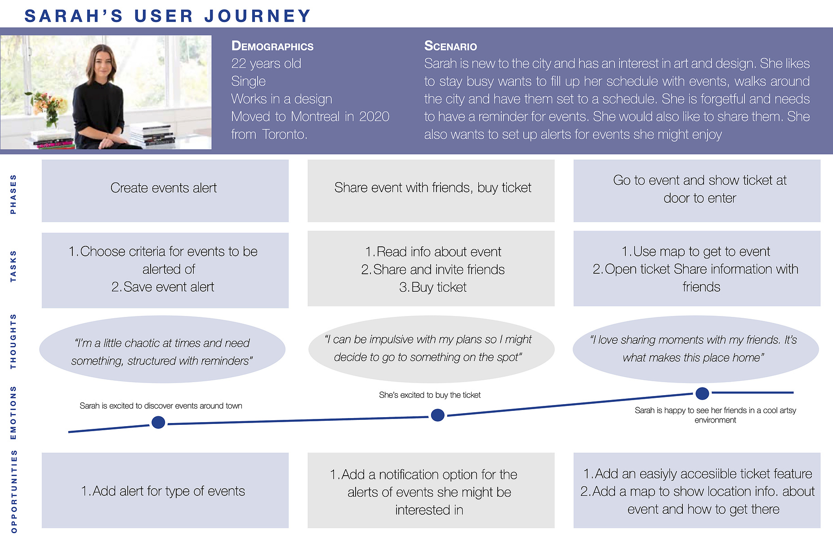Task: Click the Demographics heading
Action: (x=272, y=46)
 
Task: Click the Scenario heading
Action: (x=450, y=46)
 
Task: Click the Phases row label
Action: (x=13, y=194)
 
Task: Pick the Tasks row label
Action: (x=13, y=266)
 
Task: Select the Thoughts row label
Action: (x=13, y=341)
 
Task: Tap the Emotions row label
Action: (x=13, y=412)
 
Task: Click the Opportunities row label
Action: (x=13, y=491)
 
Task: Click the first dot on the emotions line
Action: (x=158, y=423)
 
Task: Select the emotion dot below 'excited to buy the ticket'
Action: (x=437, y=415)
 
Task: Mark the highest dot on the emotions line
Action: (x=702, y=393)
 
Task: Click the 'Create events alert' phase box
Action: (x=165, y=191)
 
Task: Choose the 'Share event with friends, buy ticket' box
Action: (x=431, y=191)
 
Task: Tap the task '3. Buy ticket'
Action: (x=433, y=287)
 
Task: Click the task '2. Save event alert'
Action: (x=163, y=287)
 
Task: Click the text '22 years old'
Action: (x=266, y=64)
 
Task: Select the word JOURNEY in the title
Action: (x=258, y=16)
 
